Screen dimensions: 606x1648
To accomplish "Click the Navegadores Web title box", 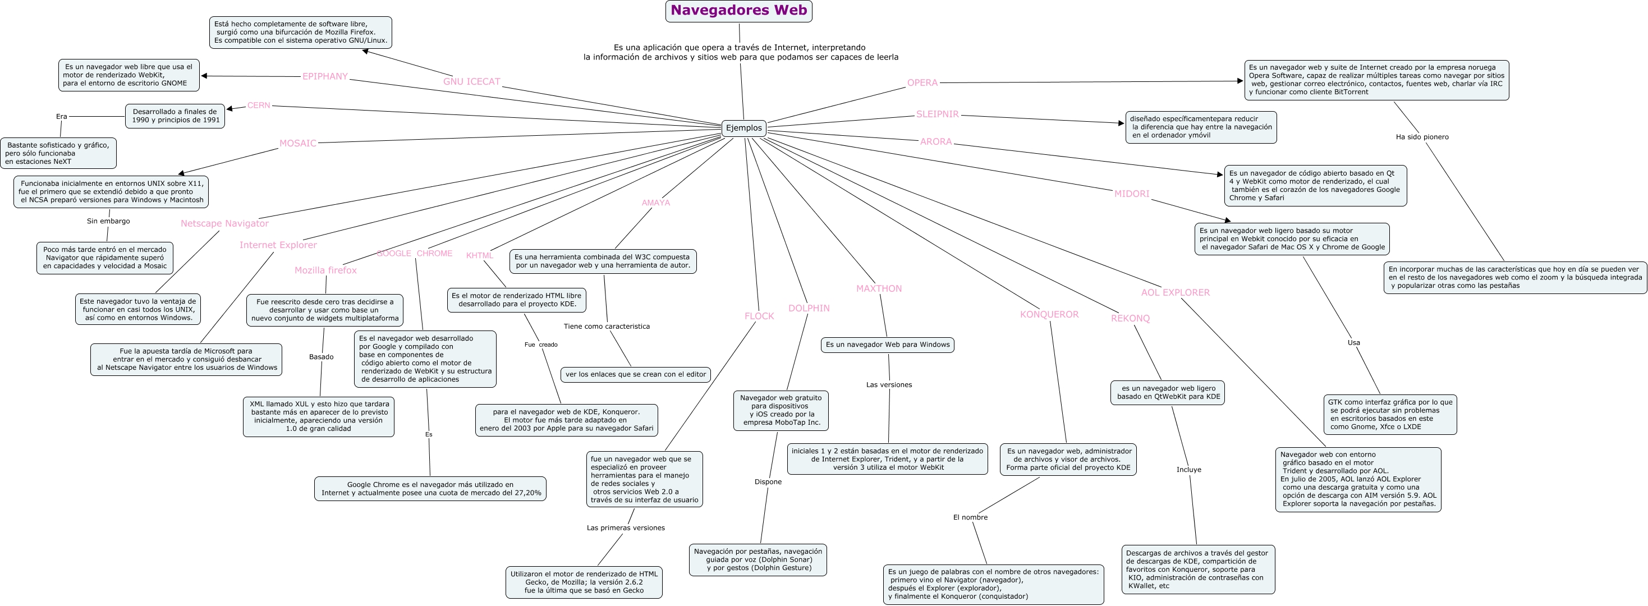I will [x=738, y=11].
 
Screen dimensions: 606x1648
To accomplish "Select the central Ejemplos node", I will [x=743, y=128].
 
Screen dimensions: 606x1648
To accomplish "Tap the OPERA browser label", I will [x=922, y=82].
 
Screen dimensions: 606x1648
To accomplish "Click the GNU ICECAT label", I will [x=471, y=82].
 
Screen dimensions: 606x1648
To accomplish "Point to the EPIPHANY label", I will [x=325, y=77].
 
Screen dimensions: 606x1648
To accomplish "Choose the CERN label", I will [x=259, y=105].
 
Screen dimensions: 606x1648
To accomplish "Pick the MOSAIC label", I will [x=297, y=143].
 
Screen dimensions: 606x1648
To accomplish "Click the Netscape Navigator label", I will [x=224, y=223].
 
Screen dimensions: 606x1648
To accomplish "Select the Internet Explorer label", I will [x=278, y=245].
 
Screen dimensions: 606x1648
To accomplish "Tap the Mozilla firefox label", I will [x=325, y=270].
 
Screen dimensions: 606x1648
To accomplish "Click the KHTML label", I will [x=479, y=256].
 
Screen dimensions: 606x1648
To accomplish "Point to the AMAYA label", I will [x=656, y=203].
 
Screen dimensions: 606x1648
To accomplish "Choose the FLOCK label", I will [x=759, y=316].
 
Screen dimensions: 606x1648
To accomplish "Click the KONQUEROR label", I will [x=1049, y=314].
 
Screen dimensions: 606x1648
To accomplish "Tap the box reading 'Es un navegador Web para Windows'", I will [x=887, y=345].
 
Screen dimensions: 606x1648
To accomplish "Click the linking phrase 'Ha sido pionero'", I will [x=1421, y=137].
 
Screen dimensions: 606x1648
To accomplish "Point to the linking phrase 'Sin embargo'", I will [x=108, y=222].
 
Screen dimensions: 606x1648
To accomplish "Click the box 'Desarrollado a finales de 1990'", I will [x=175, y=116].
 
